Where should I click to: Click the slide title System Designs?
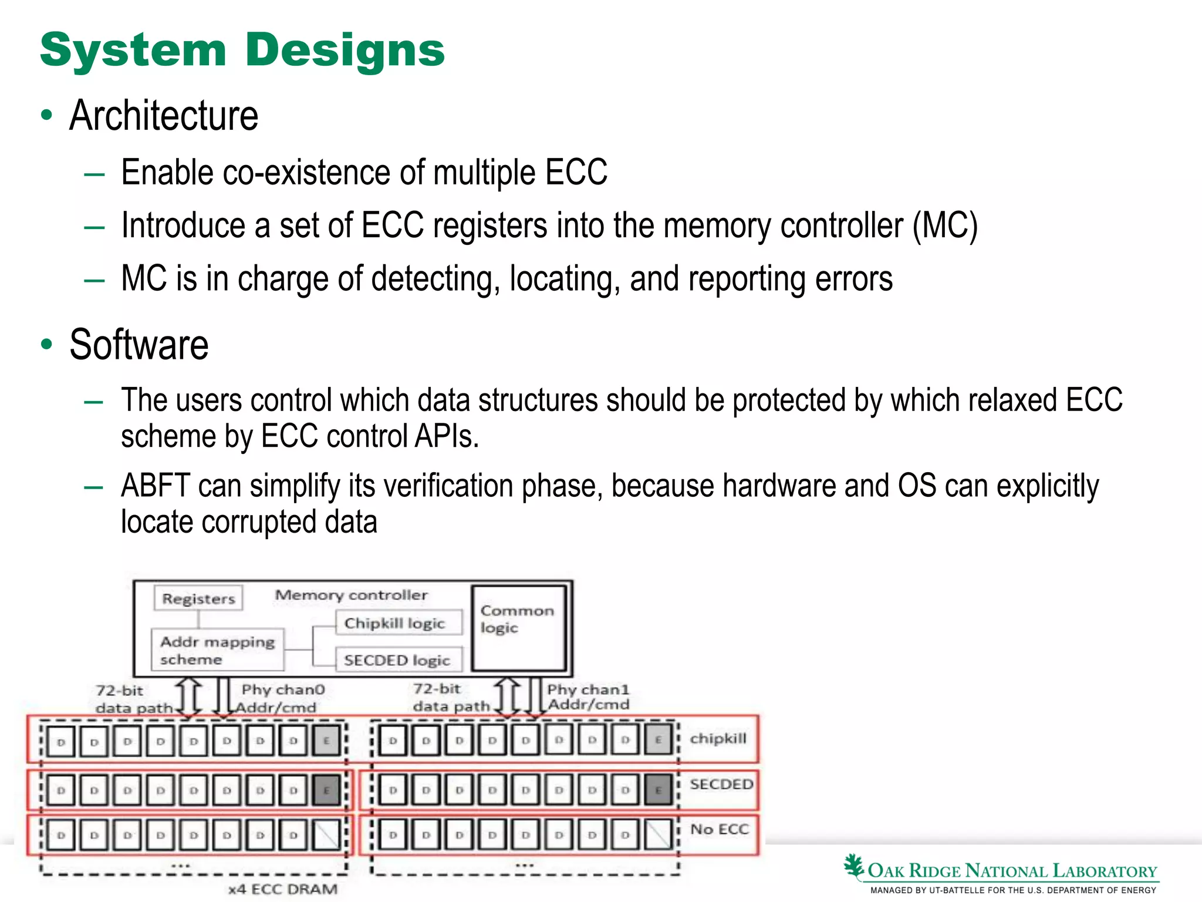tap(242, 51)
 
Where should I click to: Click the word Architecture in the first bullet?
tap(164, 116)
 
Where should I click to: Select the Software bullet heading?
tap(139, 345)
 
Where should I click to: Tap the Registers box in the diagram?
tap(198, 598)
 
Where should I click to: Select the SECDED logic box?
tap(397, 660)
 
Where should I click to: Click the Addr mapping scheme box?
tap(217, 650)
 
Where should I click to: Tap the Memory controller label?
tap(351, 595)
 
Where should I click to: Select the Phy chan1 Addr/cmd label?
tap(588, 696)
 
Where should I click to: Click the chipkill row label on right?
tap(718, 738)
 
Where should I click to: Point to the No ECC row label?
tap(720, 829)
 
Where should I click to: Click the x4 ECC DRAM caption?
tap(283, 889)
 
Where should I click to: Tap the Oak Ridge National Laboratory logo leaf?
tap(853, 866)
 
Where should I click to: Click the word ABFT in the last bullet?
tap(156, 486)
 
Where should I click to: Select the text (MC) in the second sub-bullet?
tap(945, 226)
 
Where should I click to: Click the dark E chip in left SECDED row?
tap(326, 790)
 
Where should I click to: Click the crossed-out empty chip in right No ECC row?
tap(659, 834)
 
